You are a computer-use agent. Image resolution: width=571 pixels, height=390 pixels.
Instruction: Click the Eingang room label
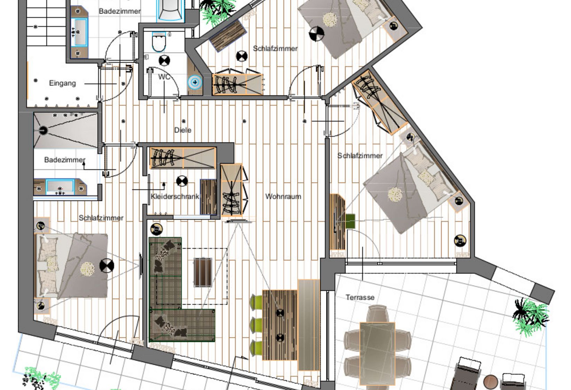coord(62,83)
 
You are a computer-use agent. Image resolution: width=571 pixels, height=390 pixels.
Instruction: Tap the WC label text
coord(164,77)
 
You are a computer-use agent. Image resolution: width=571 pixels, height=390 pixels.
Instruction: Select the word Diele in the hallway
coord(183,130)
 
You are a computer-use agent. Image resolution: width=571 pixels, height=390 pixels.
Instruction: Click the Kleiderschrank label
coord(175,197)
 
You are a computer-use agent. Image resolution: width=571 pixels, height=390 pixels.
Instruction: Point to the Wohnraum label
coord(283,197)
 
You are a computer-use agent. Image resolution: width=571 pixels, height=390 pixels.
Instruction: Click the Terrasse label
coord(360,298)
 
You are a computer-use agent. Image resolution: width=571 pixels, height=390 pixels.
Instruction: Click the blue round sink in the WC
coord(195,83)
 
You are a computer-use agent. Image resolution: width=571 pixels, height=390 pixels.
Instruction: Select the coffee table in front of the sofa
coord(203,272)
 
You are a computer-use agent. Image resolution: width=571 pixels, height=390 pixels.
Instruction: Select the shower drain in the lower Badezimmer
coord(43,131)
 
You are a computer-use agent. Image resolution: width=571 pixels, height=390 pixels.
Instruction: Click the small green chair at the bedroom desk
coord(350,221)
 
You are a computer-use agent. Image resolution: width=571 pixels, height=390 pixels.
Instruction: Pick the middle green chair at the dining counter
coord(256,325)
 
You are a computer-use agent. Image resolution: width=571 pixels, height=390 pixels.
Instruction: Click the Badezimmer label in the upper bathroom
coord(119,11)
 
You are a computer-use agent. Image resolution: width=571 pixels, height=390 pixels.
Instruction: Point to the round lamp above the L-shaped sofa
coord(157,229)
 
